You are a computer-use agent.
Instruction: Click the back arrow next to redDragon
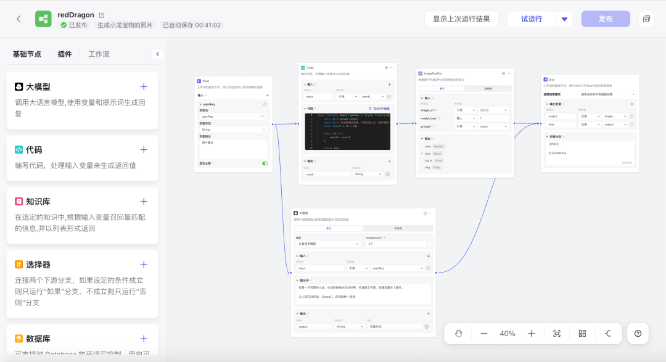(x=18, y=19)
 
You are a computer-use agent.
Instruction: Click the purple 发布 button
(x=606, y=19)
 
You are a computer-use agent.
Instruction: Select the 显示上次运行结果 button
(x=461, y=19)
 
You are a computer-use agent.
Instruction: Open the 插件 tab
(x=65, y=54)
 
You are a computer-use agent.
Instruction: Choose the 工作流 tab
(x=99, y=54)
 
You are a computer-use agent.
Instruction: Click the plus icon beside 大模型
(x=144, y=87)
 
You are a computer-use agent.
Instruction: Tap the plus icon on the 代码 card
(x=144, y=150)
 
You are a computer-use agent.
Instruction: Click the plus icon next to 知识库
(x=144, y=202)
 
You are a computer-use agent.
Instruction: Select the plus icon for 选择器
(x=144, y=265)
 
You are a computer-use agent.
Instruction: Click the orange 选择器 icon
(x=19, y=265)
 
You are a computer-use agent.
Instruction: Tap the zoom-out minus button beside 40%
(x=483, y=334)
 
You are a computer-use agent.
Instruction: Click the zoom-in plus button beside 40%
(x=531, y=334)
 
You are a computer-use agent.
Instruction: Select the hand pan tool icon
(x=459, y=334)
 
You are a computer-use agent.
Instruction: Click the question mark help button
(x=638, y=334)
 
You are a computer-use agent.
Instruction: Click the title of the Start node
(x=205, y=81)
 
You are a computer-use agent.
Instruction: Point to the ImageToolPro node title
(x=432, y=73)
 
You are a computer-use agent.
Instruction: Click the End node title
(x=551, y=80)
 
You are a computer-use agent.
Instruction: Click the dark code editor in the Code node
(x=348, y=131)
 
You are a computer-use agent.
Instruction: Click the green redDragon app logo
(x=43, y=19)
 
